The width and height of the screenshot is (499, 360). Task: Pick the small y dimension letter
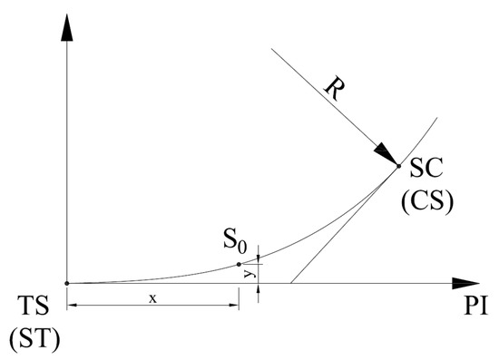[248, 271]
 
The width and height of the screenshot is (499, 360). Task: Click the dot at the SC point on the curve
[398, 165]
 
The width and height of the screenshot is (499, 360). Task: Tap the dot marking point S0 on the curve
[239, 264]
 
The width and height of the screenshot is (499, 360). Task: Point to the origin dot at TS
[67, 283]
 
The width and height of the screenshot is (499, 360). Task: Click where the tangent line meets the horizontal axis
[290, 283]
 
